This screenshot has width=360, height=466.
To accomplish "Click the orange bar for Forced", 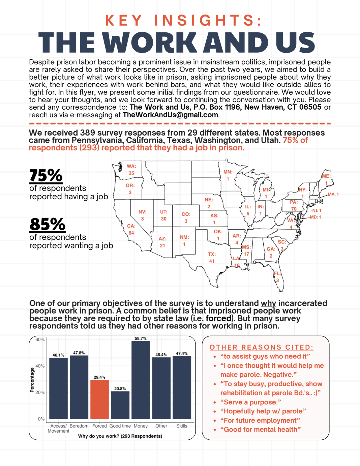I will tap(99, 399).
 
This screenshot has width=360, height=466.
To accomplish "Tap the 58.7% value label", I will tap(141, 339).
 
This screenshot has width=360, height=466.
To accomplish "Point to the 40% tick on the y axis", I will tap(40, 366).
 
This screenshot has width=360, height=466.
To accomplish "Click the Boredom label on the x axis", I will tap(79, 426).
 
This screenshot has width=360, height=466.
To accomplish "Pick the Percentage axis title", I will tap(32, 380).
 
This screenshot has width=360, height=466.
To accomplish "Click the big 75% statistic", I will tap(46, 175).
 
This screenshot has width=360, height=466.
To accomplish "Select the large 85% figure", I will tap(47, 224).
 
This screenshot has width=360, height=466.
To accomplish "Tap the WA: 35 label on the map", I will tap(131, 170).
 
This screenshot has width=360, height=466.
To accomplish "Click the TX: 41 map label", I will tap(212, 258).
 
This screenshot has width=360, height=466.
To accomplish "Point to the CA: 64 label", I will tap(131, 229).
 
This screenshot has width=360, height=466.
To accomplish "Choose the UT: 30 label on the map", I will tap(163, 215).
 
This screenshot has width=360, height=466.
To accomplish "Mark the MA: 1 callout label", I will tap(333, 194).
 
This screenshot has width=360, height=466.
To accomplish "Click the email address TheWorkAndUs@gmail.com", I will tap(170, 115).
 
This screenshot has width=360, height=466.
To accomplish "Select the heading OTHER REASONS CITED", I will tap(262, 347).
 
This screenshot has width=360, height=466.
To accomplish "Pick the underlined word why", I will tap(268, 303).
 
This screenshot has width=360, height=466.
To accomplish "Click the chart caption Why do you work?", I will tap(120, 436).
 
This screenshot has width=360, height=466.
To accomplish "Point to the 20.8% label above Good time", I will tap(120, 389).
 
